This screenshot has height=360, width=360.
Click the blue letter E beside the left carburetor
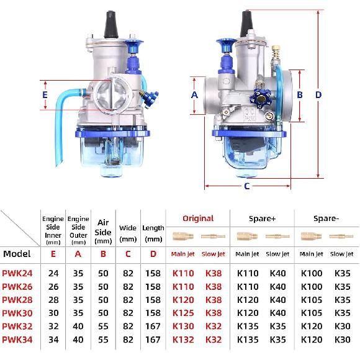point(44,95)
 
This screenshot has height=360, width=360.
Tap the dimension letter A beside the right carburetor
point(194,95)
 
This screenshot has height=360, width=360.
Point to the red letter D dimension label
point(318,95)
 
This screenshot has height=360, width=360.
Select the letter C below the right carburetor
point(246,186)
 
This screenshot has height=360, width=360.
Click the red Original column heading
point(198,218)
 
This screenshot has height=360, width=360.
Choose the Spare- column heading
point(326,218)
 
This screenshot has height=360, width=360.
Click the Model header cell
point(17,253)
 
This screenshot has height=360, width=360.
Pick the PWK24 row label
point(17,272)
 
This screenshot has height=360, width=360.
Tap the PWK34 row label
point(17,340)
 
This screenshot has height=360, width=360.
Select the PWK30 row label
point(17,313)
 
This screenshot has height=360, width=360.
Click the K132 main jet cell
point(182,340)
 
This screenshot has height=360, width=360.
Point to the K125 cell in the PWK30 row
point(182,313)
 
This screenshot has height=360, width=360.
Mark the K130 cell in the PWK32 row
point(182,326)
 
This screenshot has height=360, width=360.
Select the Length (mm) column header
point(153,233)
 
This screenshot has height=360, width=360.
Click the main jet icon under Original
point(182,236)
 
